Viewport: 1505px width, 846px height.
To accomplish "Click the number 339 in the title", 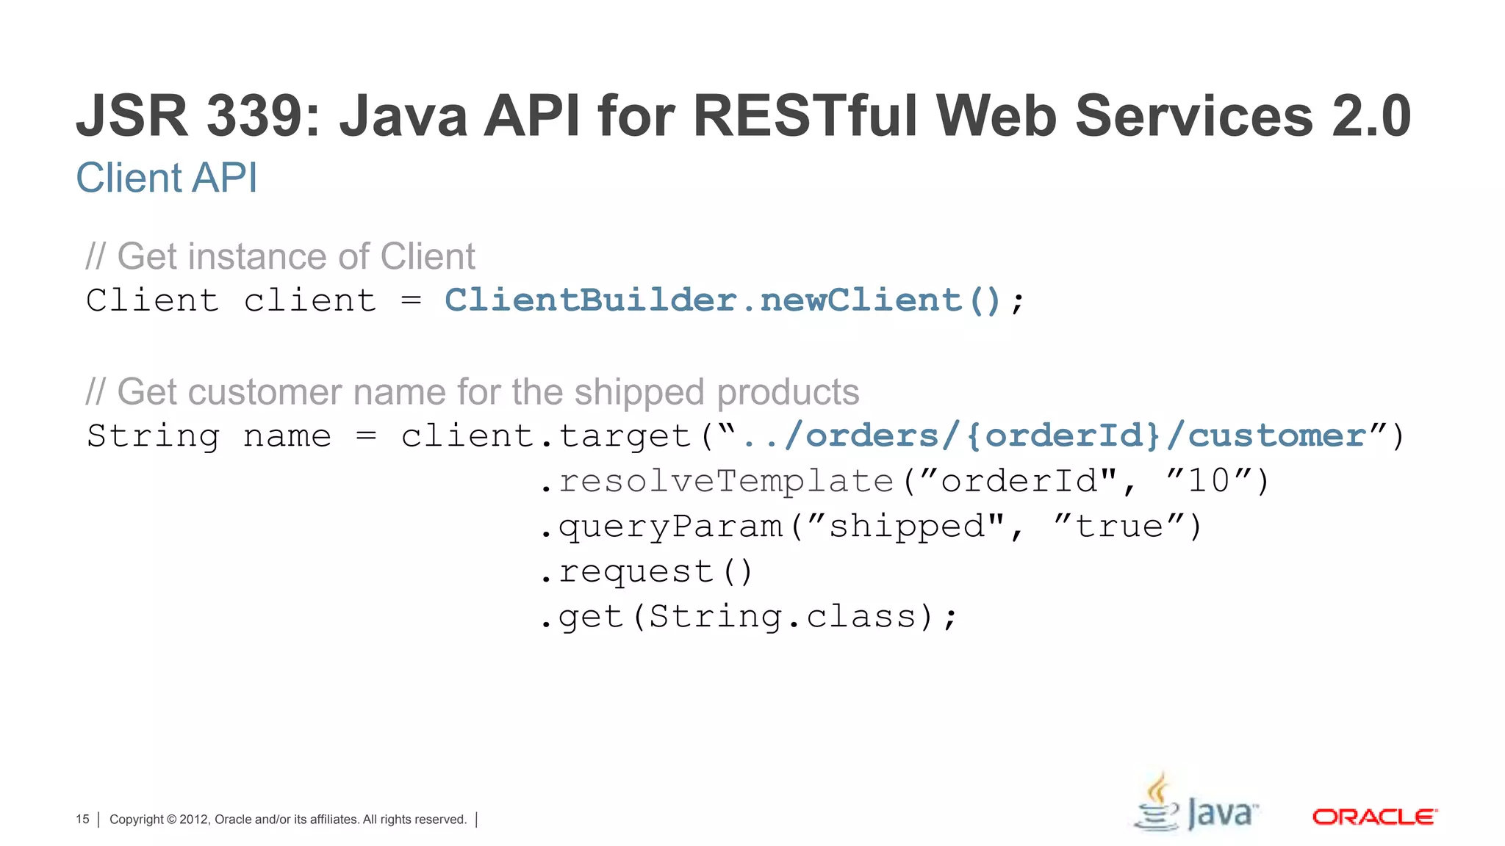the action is click(262, 116).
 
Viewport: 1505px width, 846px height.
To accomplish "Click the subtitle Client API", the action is click(167, 178).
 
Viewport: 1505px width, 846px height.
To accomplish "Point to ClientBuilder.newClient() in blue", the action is click(723, 300).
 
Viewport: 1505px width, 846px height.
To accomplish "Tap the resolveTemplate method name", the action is click(726, 481).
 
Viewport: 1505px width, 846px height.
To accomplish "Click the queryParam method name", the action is click(670, 527).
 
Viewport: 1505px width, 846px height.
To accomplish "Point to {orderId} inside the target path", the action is click(1063, 435).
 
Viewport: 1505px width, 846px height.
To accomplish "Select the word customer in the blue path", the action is click(1276, 435).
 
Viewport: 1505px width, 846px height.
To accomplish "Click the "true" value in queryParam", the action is click(1118, 527).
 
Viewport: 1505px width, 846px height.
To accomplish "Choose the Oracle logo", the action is click(1374, 817).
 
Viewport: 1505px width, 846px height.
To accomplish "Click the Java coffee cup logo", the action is click(1160, 805).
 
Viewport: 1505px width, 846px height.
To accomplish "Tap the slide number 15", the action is click(82, 819).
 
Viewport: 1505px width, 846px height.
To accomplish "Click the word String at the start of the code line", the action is click(153, 435).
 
